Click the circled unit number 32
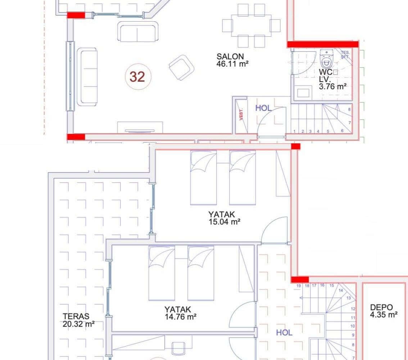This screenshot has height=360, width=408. (x=138, y=77)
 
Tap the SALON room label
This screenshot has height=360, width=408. (x=230, y=57)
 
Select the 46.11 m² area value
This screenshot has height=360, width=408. (x=232, y=64)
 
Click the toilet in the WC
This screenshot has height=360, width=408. (x=327, y=59)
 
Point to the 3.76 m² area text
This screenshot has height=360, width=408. (x=333, y=86)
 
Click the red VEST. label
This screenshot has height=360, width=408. (x=241, y=114)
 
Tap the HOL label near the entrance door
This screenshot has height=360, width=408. (x=263, y=108)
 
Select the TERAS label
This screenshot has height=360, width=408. (x=76, y=316)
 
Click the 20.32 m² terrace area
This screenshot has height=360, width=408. (x=78, y=324)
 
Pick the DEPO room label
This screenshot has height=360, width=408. (x=381, y=307)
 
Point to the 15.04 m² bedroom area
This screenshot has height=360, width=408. (x=224, y=222)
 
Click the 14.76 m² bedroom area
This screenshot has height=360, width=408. (x=181, y=317)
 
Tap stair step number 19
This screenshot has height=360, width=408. (x=299, y=286)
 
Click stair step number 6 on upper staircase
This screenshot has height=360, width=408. (x=342, y=131)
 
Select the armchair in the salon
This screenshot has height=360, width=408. (x=181, y=67)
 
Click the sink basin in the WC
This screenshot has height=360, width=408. (x=303, y=93)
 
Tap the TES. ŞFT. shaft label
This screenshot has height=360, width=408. (x=345, y=55)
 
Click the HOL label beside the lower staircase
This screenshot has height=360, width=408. (x=284, y=332)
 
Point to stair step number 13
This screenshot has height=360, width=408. (x=349, y=298)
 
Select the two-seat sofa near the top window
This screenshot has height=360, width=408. (x=138, y=31)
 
